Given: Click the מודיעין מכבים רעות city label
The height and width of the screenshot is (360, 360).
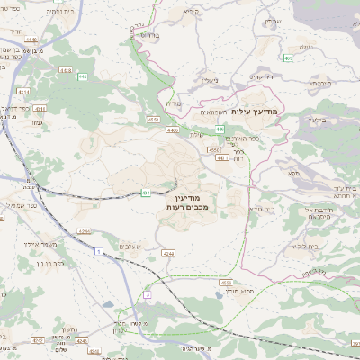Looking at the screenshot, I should pos(188,202).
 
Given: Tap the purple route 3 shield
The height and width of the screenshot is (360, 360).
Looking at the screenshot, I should pos(147,294).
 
